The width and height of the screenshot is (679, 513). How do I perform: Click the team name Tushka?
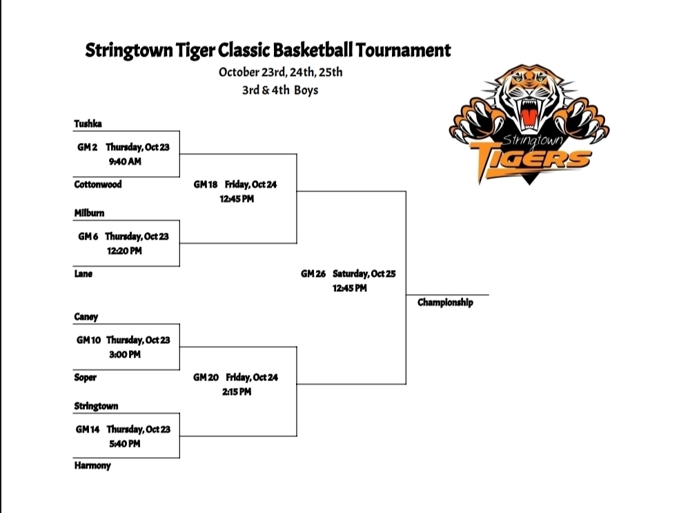[88, 124]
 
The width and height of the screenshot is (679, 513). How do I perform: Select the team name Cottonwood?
[98, 184]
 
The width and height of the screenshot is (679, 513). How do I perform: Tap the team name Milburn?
[89, 213]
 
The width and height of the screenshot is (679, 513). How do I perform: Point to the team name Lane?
[83, 274]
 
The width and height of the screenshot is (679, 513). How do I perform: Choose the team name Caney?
[86, 317]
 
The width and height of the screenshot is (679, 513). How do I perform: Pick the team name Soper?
[86, 378]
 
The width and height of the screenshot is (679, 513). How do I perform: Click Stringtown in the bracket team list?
[96, 407]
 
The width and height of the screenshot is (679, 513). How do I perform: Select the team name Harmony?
[92, 466]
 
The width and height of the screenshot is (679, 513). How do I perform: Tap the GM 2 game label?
[88, 147]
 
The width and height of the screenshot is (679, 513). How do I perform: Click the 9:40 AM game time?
[125, 162]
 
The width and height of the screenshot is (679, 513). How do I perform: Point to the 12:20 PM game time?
[124, 251]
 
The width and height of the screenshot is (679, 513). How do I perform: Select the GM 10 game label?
[89, 340]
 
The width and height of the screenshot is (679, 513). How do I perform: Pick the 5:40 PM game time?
[125, 444]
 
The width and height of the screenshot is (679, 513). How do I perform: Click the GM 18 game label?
[206, 184]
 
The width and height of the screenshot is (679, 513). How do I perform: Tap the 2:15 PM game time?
[237, 391]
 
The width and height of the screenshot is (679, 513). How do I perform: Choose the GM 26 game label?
[313, 274]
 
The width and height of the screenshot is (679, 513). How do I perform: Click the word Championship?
[445, 302]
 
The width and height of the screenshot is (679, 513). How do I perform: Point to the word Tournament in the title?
[403, 50]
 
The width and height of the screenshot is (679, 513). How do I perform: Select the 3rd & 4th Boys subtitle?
[280, 90]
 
